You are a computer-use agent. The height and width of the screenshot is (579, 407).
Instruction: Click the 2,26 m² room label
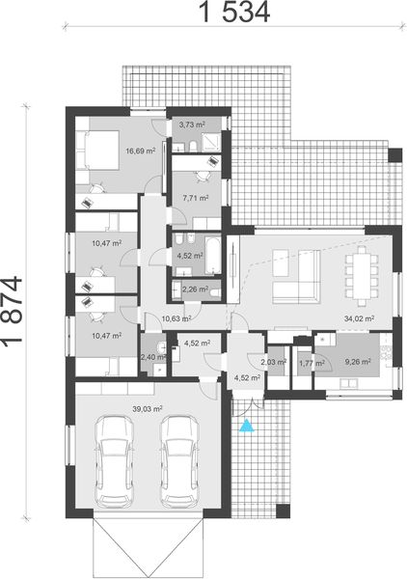click(196, 288)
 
